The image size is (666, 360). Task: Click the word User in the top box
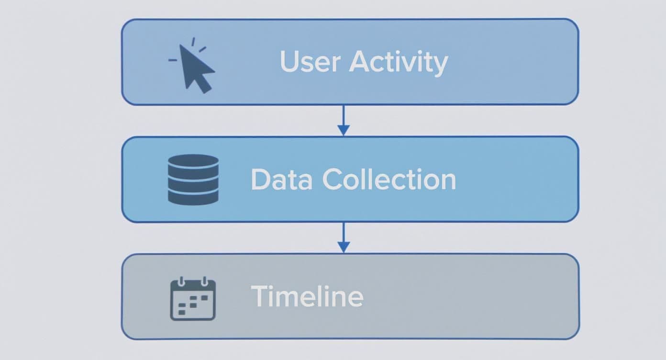[311, 62]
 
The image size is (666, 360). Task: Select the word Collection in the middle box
[388, 180]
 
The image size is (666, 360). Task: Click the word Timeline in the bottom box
[307, 296]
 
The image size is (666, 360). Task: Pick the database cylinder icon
[193, 180]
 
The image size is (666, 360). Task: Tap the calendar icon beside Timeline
[193, 299]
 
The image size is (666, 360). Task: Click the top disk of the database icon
[193, 161]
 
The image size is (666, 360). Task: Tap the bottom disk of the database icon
[193, 197]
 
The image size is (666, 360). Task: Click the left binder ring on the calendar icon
[181, 281]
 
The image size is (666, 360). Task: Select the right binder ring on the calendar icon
[204, 281]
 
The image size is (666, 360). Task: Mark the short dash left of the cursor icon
[173, 60]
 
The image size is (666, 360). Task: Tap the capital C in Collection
[334, 180]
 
